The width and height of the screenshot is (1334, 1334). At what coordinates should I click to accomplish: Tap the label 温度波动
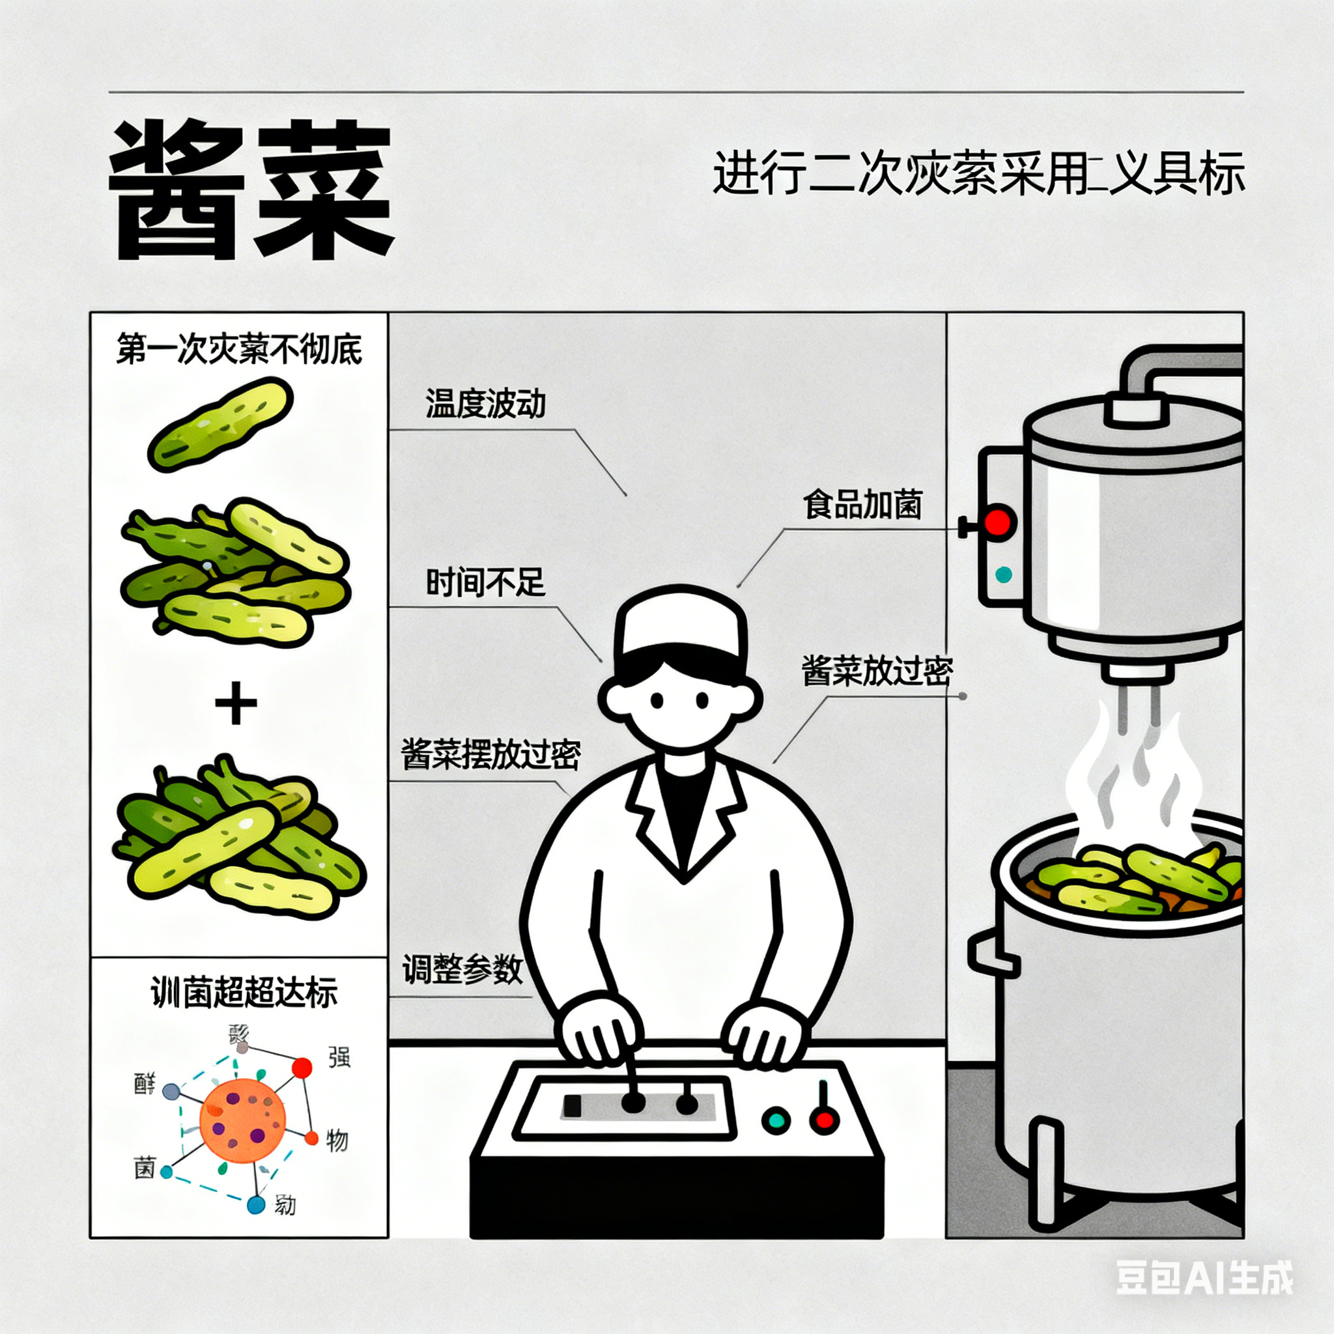tap(485, 404)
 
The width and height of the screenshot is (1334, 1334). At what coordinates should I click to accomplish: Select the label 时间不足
tap(485, 583)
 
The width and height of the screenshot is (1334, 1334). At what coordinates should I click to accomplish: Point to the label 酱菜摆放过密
tap(491, 755)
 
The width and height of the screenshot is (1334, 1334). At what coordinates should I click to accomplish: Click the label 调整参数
tap(462, 969)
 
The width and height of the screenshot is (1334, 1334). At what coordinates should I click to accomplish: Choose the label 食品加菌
tap(862, 505)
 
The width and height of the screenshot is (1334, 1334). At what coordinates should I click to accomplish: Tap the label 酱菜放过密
tap(877, 670)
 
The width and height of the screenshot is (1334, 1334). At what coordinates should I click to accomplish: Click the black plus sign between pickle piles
tap(236, 703)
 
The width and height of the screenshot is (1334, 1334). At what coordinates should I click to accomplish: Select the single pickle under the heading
tap(221, 424)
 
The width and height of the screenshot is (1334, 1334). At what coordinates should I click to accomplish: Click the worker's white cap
tap(680, 625)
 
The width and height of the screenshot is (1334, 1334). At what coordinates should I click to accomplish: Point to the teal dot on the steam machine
tap(1003, 574)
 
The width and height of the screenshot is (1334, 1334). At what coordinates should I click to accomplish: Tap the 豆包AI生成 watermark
tap(1204, 1277)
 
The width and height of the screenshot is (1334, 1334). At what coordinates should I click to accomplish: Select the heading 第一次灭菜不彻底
tap(239, 349)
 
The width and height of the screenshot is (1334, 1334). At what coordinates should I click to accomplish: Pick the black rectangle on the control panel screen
tap(573, 1105)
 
